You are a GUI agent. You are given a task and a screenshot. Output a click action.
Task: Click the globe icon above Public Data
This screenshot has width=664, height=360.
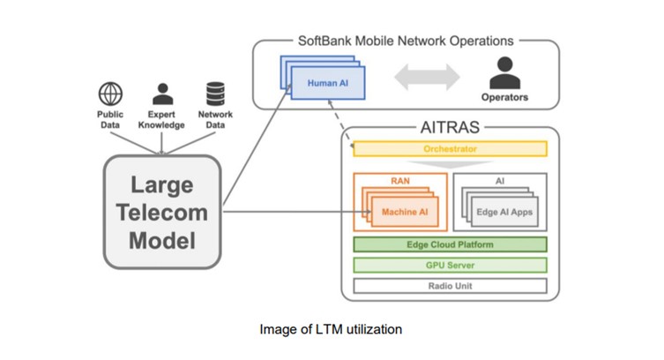tap(110, 94)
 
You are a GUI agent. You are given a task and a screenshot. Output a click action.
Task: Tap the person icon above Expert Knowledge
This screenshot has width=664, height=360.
tap(161, 94)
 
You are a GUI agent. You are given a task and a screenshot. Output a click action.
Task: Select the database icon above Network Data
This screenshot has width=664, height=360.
tap(215, 94)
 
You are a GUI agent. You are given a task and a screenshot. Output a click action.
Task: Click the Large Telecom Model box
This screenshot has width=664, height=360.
tap(161, 212)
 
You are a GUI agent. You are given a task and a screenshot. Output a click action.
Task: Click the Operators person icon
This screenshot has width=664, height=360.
tap(504, 71)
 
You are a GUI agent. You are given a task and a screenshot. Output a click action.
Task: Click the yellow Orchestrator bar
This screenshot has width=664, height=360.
tap(450, 148)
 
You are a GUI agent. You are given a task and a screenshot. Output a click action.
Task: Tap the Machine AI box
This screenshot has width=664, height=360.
tap(405, 212)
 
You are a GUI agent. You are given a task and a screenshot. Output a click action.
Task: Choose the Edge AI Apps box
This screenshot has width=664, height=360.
tap(504, 212)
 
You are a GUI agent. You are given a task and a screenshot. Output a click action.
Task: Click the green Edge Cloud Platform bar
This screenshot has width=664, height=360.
tap(450, 244)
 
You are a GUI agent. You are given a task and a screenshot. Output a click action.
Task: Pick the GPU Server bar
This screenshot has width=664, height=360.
tap(450, 265)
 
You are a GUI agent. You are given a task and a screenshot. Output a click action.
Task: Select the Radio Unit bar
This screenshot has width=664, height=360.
tap(450, 286)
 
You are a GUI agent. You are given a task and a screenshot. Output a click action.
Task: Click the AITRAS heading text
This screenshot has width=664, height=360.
tap(450, 128)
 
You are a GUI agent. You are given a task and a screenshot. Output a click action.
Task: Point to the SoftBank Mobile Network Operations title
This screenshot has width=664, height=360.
tap(405, 41)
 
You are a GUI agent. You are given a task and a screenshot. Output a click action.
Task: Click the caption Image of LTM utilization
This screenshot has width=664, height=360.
tap(331, 329)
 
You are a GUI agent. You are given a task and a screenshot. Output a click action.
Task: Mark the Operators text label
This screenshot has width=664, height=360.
tap(504, 97)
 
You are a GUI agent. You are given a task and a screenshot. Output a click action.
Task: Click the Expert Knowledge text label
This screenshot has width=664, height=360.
tap(161, 119)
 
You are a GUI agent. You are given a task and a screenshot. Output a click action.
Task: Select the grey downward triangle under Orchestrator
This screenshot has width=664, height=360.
tap(450, 163)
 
